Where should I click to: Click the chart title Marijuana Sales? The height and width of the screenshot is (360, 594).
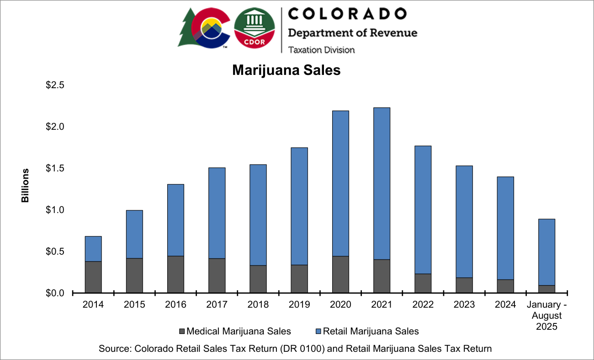(x=286, y=70)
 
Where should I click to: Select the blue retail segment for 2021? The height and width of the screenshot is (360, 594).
(x=382, y=183)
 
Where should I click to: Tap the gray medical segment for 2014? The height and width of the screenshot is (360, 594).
(x=93, y=277)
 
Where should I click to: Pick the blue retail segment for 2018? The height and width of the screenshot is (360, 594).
(x=258, y=215)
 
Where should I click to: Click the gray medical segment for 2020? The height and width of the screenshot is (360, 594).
(x=340, y=274)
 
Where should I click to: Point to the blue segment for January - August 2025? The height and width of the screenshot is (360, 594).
(x=546, y=252)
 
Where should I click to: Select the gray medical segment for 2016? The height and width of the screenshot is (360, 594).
(x=175, y=274)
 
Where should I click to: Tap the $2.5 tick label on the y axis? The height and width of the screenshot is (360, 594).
(x=55, y=85)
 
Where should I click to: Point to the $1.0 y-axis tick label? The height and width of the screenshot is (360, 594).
(x=55, y=210)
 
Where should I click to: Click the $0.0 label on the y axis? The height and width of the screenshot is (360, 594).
(x=55, y=293)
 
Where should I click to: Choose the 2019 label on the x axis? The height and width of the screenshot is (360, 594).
(x=299, y=305)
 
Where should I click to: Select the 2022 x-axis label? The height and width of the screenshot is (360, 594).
(x=423, y=305)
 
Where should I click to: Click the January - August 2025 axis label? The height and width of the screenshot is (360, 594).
(x=546, y=316)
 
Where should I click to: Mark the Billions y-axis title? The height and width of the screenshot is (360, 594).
(x=25, y=185)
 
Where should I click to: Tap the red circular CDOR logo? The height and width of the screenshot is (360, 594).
(x=254, y=28)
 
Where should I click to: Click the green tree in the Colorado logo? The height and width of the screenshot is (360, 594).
(x=187, y=28)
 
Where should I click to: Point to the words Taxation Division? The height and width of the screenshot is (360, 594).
(x=321, y=49)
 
